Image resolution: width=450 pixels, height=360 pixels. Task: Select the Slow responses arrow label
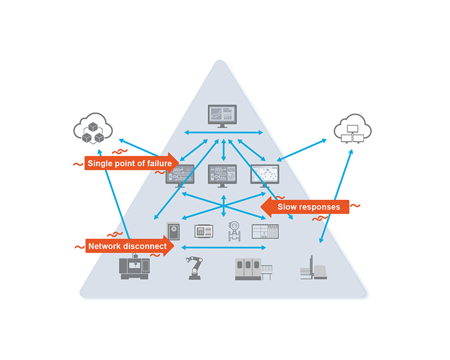point(308,207)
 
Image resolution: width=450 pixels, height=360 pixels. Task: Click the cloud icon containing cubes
point(90,129)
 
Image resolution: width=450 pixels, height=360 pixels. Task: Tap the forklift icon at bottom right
point(313,268)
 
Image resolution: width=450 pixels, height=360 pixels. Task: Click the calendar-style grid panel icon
point(265,231)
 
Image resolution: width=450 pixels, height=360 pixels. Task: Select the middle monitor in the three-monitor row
point(223,175)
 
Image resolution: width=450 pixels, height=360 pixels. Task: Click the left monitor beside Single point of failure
point(181,176)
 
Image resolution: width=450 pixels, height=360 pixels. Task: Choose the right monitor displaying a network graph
point(265,175)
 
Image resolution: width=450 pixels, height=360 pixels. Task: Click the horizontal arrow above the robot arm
point(224,247)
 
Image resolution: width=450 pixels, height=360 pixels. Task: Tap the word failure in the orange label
point(156,164)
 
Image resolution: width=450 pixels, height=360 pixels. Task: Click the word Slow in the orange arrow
point(287,207)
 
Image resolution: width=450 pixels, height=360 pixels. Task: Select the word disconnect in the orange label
point(146,246)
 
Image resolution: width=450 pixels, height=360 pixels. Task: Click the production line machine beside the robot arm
point(254,269)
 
